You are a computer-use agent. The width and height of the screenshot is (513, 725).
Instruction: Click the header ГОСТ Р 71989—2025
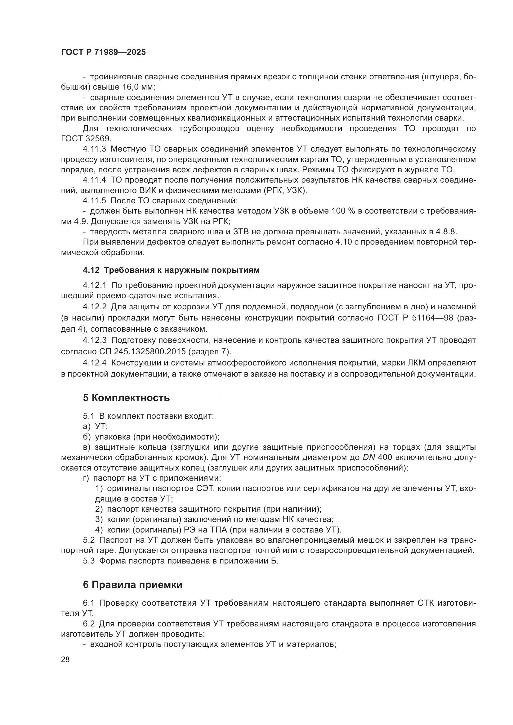(x=103, y=52)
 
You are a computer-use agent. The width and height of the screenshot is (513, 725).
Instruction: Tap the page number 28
(x=65, y=659)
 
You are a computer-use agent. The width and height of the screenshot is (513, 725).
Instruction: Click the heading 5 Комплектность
(x=126, y=398)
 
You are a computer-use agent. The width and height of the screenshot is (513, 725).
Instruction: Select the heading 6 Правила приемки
(x=133, y=585)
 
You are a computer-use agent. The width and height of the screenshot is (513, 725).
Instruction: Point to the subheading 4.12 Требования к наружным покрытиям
(x=171, y=270)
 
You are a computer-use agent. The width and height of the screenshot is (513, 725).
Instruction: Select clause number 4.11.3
(x=95, y=149)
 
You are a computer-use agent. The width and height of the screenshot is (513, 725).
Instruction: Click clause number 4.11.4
(x=95, y=180)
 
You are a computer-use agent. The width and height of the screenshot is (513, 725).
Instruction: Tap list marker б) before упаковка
(x=87, y=437)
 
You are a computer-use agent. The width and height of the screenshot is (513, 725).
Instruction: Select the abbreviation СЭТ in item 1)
(x=206, y=488)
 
